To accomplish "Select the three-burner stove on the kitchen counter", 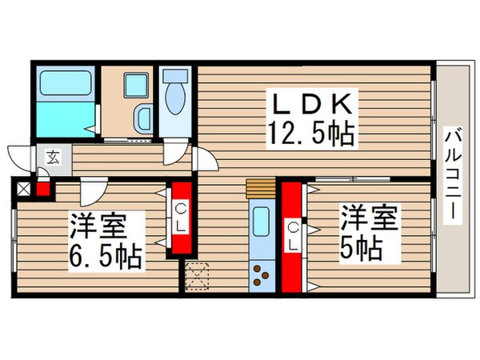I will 262,274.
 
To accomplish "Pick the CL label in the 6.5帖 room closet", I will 181,216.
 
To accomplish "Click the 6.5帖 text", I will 105,257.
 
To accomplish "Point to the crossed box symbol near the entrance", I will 23,190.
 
